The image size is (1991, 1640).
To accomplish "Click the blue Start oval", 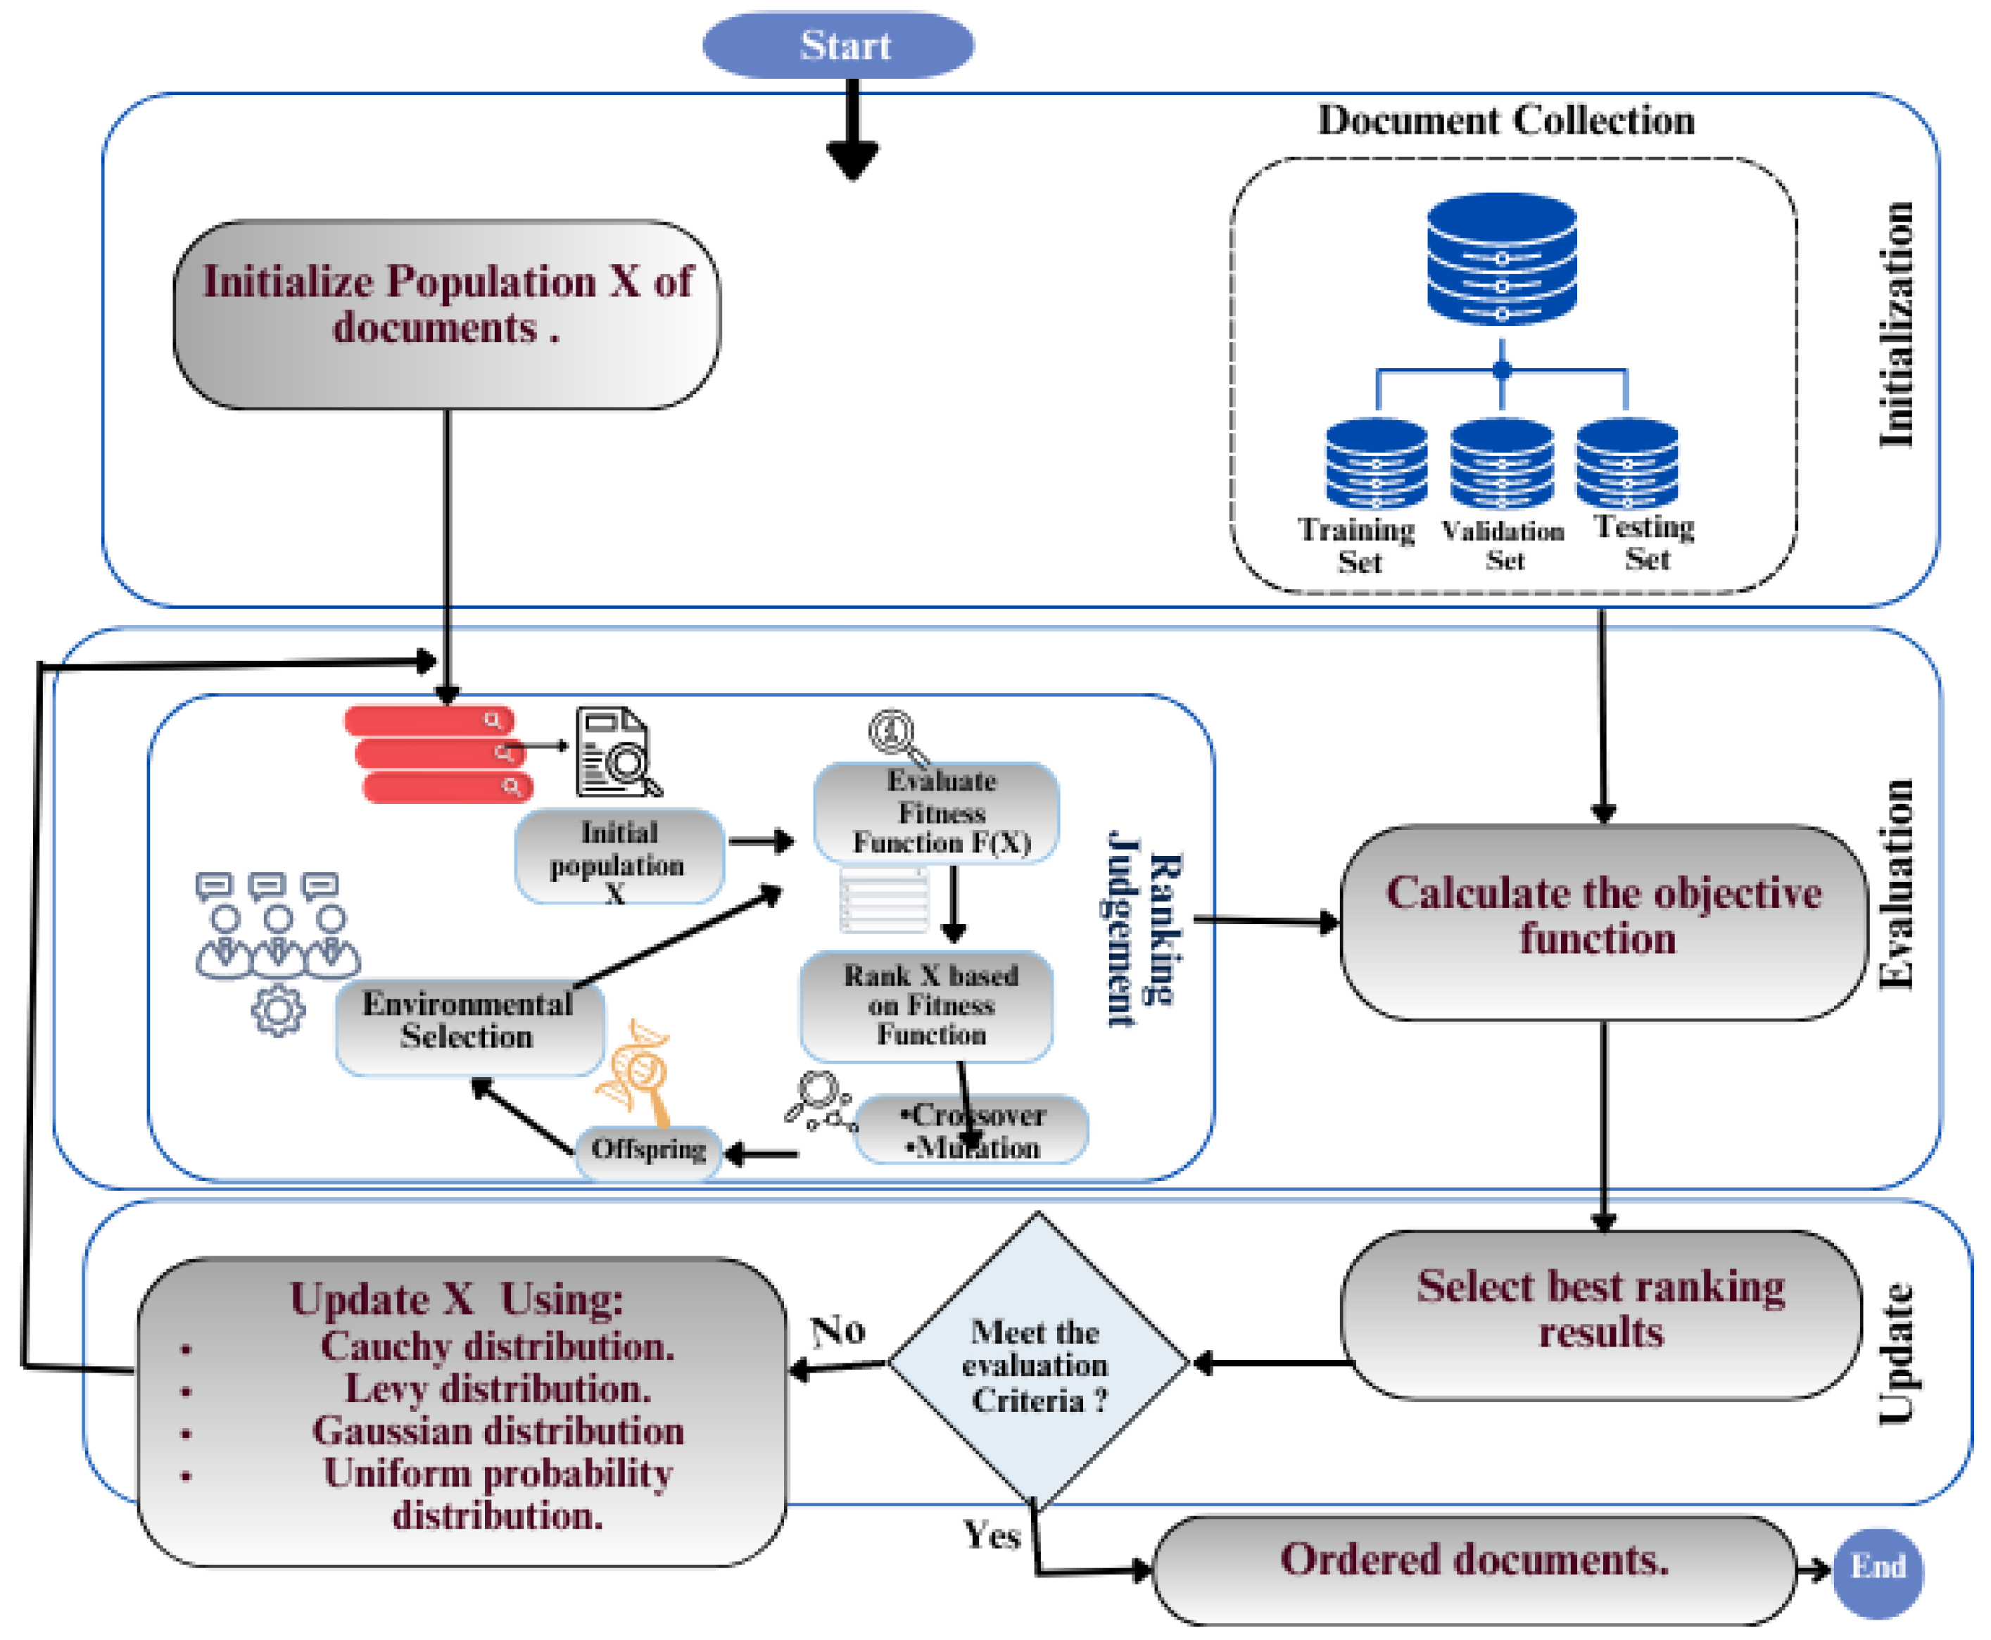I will click(837, 44).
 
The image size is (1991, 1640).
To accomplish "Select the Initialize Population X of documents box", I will click(445, 314).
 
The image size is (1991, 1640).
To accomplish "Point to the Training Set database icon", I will click(1375, 463).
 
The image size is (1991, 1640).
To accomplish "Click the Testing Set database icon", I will click(1626, 463).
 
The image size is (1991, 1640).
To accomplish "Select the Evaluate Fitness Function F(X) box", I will click(935, 812).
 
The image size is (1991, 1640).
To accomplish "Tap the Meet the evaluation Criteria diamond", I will click(1036, 1363).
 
